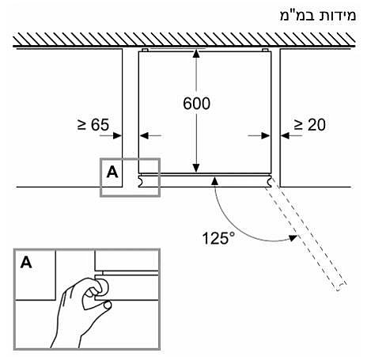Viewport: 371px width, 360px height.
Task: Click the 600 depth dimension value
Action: coord(197,104)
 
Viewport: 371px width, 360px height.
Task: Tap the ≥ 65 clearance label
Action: coord(93,124)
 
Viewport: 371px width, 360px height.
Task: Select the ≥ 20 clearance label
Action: coord(310,125)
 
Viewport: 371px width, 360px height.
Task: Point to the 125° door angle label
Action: coord(218,238)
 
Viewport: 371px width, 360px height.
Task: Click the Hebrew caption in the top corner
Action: coord(318,16)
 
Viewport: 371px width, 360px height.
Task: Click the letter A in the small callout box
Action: coord(112,172)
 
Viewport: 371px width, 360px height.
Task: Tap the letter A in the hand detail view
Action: coord(26,263)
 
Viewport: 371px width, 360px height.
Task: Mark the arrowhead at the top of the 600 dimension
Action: coord(196,53)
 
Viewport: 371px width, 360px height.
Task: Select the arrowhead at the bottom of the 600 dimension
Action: coord(196,169)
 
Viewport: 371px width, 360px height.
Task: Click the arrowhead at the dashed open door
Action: coord(293,238)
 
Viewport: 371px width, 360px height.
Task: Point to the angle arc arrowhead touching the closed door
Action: coord(215,181)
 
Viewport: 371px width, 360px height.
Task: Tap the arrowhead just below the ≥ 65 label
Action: coord(117,136)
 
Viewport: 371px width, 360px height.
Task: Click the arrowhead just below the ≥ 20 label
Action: coord(286,136)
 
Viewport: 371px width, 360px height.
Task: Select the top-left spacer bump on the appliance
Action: coord(145,50)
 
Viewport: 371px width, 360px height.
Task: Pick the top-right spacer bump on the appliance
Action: coord(265,50)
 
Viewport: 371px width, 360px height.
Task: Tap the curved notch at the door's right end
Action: coord(268,181)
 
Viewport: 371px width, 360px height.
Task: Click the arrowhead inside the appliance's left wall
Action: coord(145,136)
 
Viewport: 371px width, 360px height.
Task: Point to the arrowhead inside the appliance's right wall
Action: coord(265,136)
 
